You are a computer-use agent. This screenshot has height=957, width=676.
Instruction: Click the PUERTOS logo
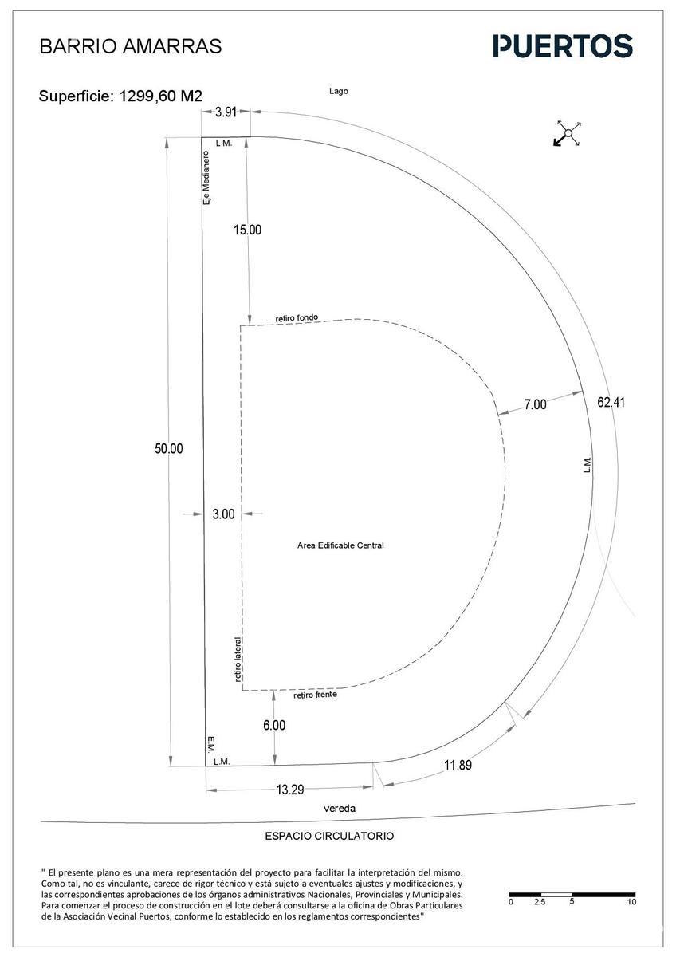pyautogui.click(x=563, y=46)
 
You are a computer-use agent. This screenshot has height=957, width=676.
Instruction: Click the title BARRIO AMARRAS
pyautogui.click(x=131, y=46)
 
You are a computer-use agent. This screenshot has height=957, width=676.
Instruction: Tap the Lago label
pyautogui.click(x=339, y=91)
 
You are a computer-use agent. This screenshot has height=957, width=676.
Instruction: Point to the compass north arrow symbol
pyautogui.click(x=568, y=133)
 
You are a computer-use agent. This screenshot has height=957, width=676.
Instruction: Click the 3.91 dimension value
pyautogui.click(x=226, y=112)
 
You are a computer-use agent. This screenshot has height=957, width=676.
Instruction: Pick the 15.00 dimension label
pyautogui.click(x=247, y=230)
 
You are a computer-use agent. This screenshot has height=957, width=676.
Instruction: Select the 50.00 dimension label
pyautogui.click(x=169, y=448)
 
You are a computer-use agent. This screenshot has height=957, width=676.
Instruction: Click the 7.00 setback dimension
pyautogui.click(x=535, y=404)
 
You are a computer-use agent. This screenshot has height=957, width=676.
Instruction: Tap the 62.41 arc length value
pyautogui.click(x=611, y=403)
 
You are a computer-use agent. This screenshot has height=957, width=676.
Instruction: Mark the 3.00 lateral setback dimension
pyautogui.click(x=224, y=514)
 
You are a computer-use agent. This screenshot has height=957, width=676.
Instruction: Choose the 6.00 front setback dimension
pyautogui.click(x=274, y=725)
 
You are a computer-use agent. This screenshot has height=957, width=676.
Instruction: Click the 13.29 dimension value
pyautogui.click(x=290, y=790)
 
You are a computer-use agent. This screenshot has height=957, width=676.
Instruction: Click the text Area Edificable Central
pyautogui.click(x=340, y=545)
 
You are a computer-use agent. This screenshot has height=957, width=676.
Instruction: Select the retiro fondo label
pyautogui.click(x=297, y=318)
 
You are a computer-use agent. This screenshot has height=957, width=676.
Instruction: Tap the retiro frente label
pyautogui.click(x=315, y=695)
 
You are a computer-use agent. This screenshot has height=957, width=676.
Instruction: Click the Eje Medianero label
pyautogui.click(x=206, y=177)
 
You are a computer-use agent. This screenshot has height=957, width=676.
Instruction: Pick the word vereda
pyautogui.click(x=340, y=809)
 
